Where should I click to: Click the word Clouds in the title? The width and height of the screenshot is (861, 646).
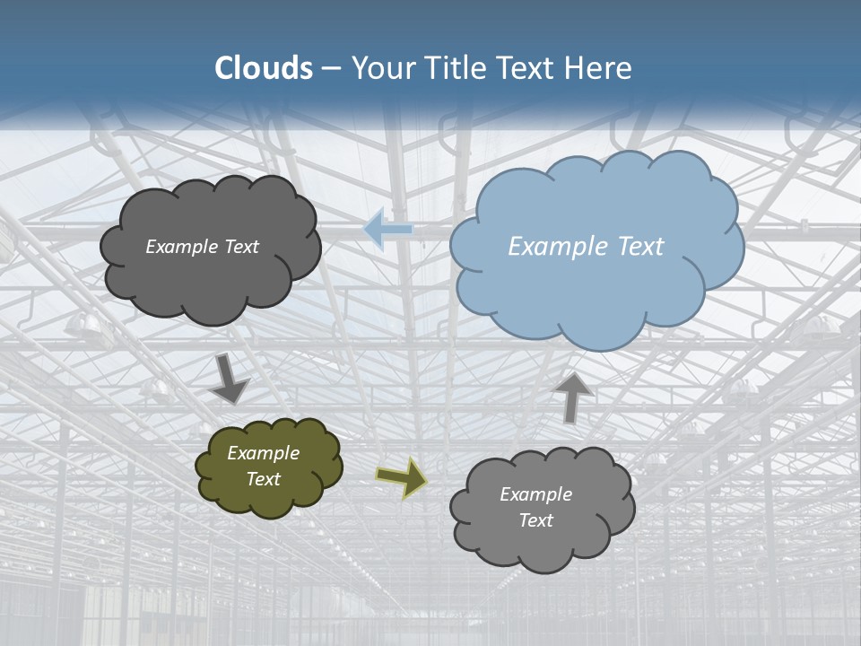[264, 68]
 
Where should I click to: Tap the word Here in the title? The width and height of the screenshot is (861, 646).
[598, 68]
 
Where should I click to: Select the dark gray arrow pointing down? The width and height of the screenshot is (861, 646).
[230, 380]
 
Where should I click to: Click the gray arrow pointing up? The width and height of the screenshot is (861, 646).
[571, 397]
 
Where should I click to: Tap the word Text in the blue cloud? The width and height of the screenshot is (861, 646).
[639, 247]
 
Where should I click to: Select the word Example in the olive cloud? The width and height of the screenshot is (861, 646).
[264, 453]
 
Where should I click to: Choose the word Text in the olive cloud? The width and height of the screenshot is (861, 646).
[264, 479]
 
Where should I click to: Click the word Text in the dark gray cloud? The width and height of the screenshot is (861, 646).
[241, 247]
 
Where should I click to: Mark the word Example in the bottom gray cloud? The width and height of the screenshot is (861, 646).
[535, 494]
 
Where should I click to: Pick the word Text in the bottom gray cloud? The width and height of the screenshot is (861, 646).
[535, 520]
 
